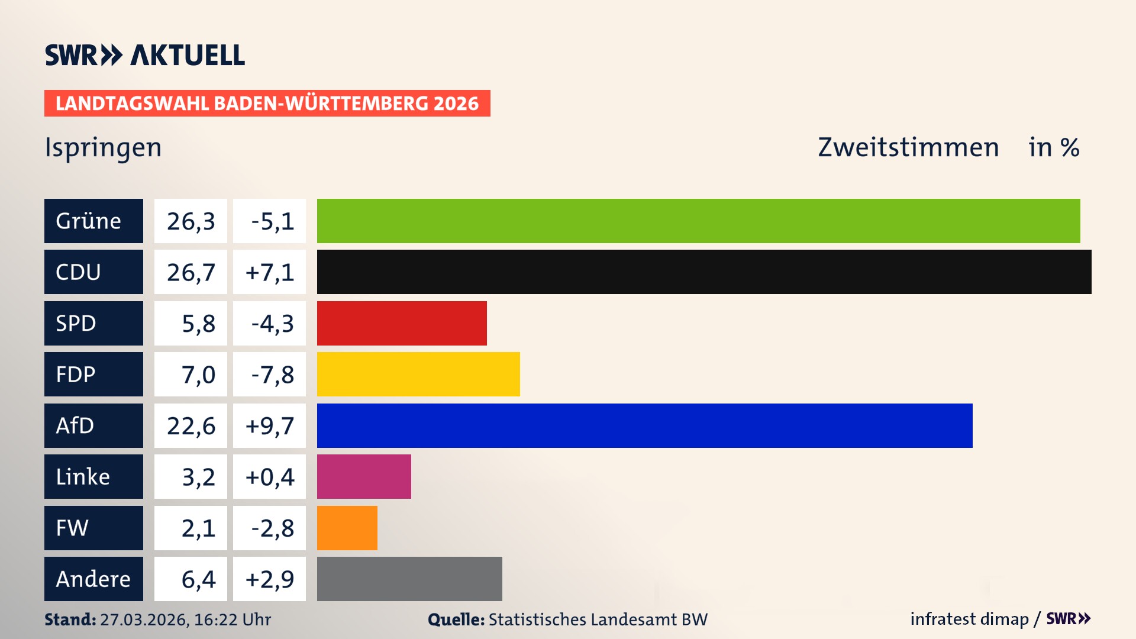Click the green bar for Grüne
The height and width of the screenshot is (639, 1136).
(x=698, y=221)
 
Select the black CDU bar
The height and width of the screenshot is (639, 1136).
(x=704, y=272)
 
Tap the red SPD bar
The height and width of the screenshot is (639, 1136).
(x=402, y=323)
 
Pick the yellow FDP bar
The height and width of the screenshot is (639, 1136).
(x=418, y=374)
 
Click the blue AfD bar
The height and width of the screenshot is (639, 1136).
(x=644, y=425)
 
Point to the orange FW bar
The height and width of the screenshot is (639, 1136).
(x=347, y=528)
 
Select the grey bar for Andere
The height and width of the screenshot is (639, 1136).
(x=409, y=579)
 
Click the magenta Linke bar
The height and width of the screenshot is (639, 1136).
(x=364, y=476)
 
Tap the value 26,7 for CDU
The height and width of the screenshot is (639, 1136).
(x=191, y=272)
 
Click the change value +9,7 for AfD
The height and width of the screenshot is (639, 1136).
(x=269, y=425)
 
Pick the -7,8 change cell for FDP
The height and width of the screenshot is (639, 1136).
(x=269, y=374)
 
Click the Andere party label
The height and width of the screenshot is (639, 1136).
(x=93, y=579)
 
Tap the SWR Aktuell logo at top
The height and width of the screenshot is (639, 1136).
(x=145, y=55)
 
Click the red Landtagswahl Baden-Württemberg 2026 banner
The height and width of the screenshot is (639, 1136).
(x=267, y=103)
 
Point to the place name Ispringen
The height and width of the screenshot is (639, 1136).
(x=104, y=147)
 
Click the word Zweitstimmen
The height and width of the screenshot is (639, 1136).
(x=908, y=147)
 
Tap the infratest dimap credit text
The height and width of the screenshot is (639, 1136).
(x=969, y=619)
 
